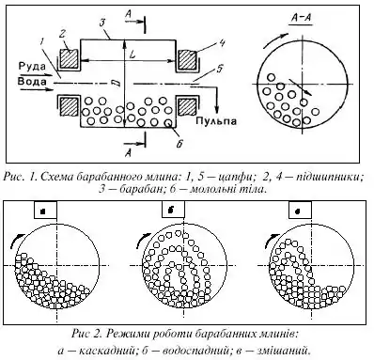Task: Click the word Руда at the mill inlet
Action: tap(32, 66)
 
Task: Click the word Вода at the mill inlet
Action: tap(32, 82)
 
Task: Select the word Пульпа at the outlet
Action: tap(216, 121)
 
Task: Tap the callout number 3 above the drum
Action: tap(101, 24)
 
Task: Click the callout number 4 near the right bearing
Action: tap(221, 43)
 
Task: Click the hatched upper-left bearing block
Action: tap(69, 58)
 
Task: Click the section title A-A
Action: tap(301, 18)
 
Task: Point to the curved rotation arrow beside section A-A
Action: tap(274, 39)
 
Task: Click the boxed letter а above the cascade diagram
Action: tap(45, 211)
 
